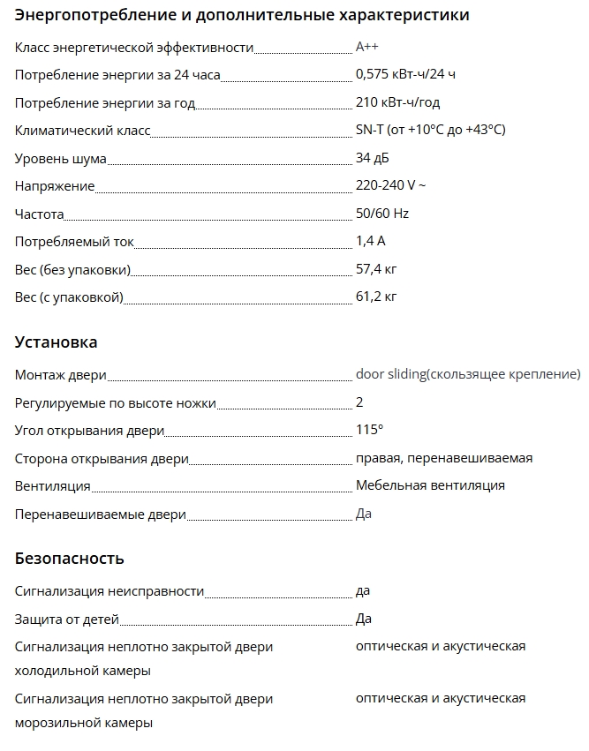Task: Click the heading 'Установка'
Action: click(57, 342)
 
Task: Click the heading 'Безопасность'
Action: click(70, 559)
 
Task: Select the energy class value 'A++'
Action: click(367, 47)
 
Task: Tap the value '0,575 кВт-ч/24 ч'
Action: click(405, 75)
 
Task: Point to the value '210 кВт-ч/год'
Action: click(397, 103)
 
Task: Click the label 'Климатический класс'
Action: click(83, 131)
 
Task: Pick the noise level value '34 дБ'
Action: click(372, 159)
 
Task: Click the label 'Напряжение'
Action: click(55, 187)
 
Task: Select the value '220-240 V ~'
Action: click(390, 186)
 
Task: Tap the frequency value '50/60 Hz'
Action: click(382, 214)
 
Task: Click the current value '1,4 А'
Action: click(371, 241)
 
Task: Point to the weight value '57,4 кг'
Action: click(376, 268)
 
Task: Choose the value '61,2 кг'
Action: click(376, 297)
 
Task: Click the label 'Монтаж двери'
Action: click(61, 375)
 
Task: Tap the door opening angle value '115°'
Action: click(369, 430)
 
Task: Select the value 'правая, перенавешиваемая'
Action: click(443, 458)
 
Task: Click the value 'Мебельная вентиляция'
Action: click(430, 485)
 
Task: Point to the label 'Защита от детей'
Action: click(67, 620)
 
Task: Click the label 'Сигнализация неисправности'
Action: click(109, 591)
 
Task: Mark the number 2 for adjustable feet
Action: click(359, 402)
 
